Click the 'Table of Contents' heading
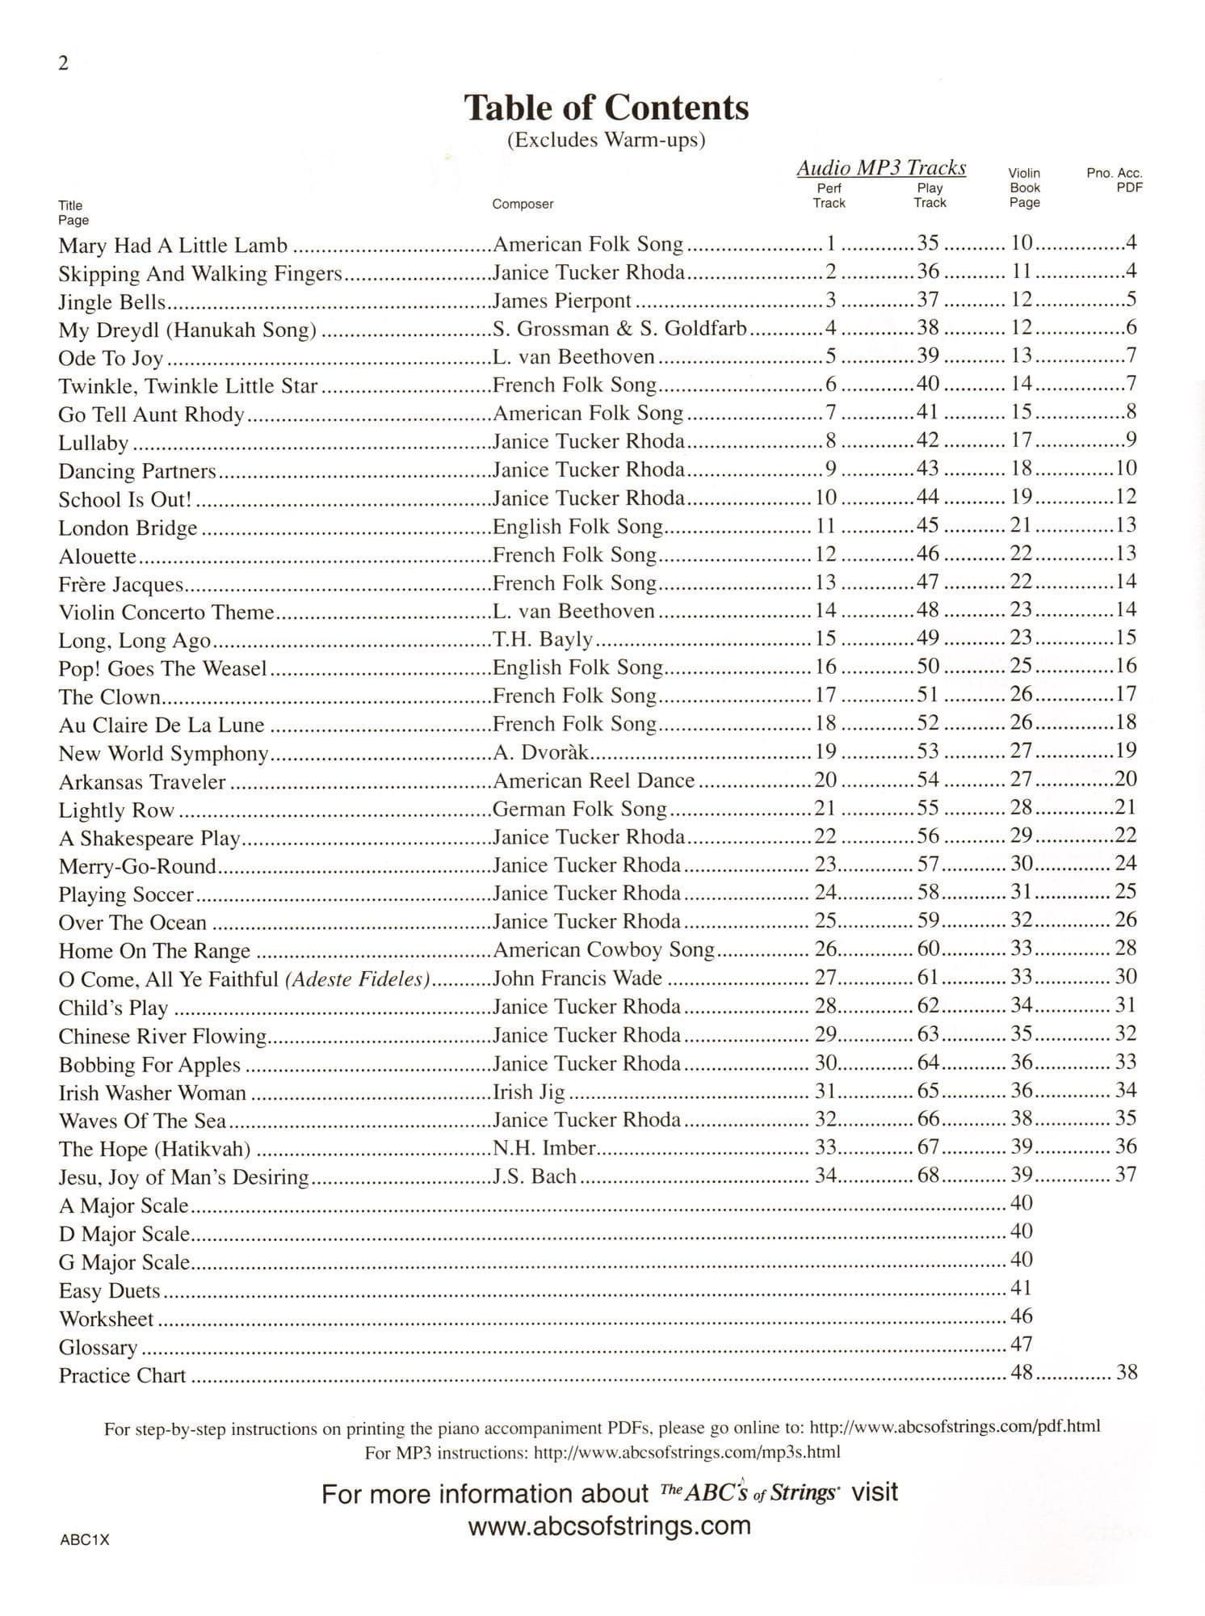point(607,107)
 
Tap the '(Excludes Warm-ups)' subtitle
point(607,140)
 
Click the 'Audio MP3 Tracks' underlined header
point(881,168)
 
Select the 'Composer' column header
point(523,204)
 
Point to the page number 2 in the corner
point(64,64)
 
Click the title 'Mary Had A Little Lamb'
point(173,245)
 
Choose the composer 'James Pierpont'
point(562,301)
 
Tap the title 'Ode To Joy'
point(111,357)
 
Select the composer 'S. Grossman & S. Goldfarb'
point(619,329)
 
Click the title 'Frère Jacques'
point(121,583)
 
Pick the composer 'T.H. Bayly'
point(543,640)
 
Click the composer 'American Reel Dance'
point(594,781)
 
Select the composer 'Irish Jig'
point(529,1092)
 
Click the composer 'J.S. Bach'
point(535,1176)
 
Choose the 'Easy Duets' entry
point(110,1290)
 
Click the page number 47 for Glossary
point(1022,1344)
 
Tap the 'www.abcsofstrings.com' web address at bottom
point(609,1526)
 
